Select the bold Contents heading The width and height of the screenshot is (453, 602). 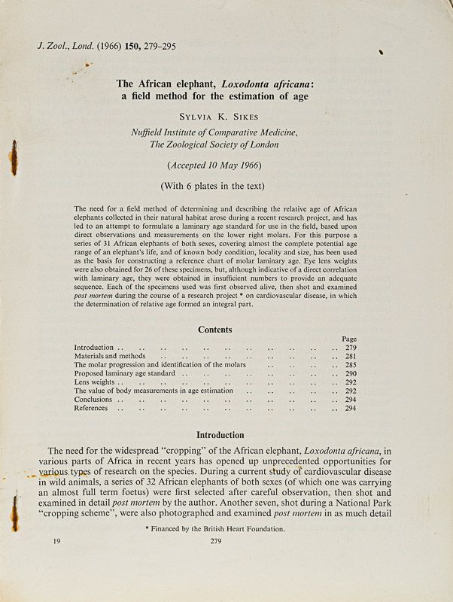coord(214,330)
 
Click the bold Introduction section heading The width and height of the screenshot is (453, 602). coord(220,434)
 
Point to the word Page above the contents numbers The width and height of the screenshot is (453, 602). coord(349,339)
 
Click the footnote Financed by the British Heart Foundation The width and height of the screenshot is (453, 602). coord(214,529)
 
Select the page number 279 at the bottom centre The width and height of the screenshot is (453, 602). coord(215,541)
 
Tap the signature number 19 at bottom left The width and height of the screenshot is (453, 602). coord(58,541)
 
